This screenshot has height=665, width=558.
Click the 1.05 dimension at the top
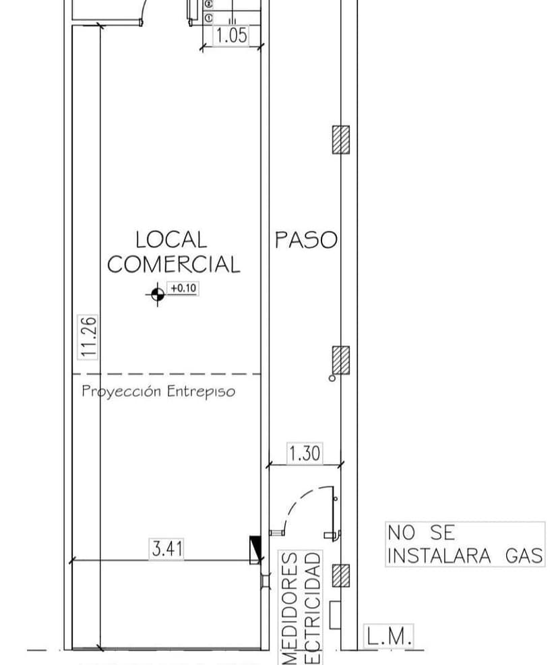tap(231, 36)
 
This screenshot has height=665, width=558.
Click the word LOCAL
tap(171, 239)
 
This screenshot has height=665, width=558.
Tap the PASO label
tap(305, 240)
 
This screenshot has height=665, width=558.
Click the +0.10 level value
tap(183, 288)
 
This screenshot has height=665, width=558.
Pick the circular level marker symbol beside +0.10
tap(158, 293)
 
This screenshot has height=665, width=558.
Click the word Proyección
tap(122, 391)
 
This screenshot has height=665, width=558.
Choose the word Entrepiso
tap(201, 391)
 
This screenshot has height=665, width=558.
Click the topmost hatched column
tap(341, 140)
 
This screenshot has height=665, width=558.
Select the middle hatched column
tap(341, 360)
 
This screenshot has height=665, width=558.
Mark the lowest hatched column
tap(341, 575)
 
